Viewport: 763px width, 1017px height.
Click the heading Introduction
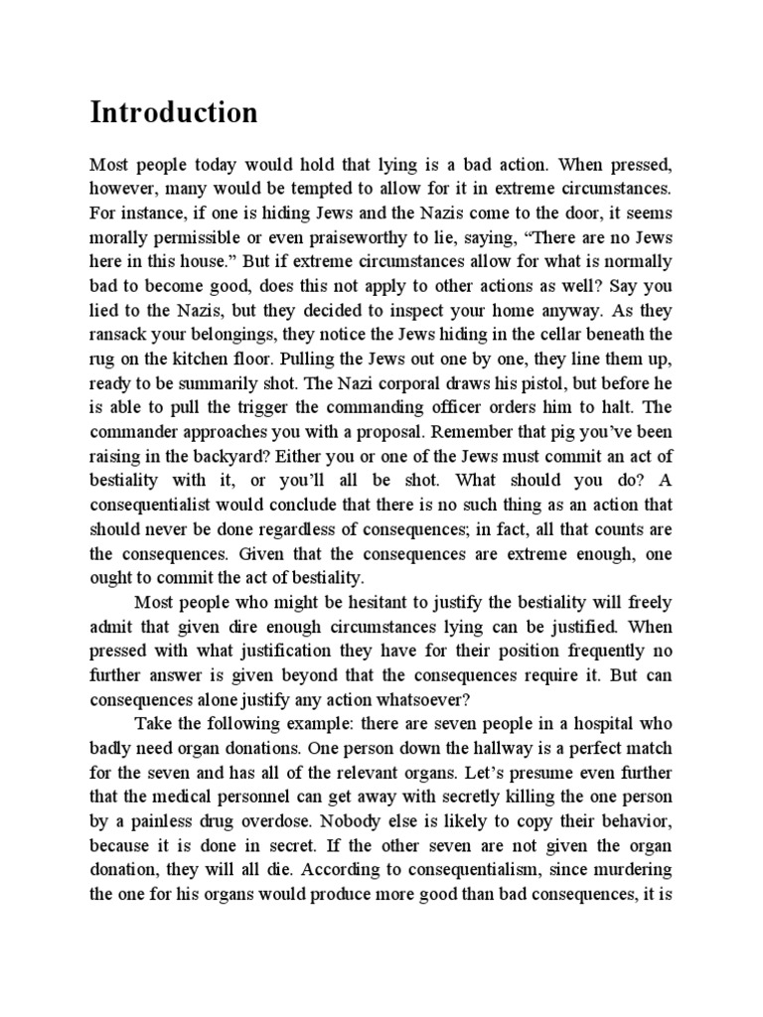tap(174, 112)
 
